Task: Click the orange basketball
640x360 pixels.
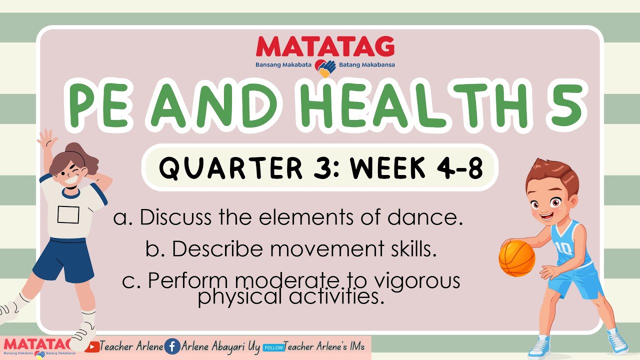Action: (x=517, y=258)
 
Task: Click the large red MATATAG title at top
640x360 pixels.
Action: (x=325, y=47)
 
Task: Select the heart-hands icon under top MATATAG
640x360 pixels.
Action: (x=325, y=68)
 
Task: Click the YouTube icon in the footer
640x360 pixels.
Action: (x=92, y=346)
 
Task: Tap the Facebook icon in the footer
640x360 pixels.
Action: (x=172, y=346)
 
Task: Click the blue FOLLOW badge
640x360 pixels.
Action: (x=273, y=347)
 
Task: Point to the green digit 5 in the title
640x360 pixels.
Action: (x=567, y=106)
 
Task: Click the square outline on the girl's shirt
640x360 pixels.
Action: (x=68, y=214)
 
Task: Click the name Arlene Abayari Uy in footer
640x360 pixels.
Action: (x=220, y=346)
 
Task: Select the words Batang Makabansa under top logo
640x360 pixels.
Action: (x=366, y=65)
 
